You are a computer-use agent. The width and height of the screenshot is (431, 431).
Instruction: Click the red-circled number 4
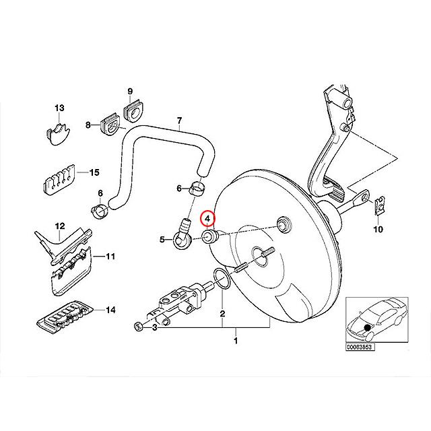click(x=209, y=219)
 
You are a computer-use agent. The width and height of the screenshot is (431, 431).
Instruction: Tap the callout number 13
click(x=59, y=108)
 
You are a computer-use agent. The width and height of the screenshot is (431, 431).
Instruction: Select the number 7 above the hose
click(x=179, y=122)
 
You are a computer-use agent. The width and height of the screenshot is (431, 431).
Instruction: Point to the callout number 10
click(x=377, y=230)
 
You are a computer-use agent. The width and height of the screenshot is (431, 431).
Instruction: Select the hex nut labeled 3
click(x=138, y=327)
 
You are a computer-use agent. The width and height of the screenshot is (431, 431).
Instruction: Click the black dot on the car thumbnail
click(x=366, y=328)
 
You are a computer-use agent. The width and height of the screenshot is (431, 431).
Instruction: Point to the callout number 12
click(x=59, y=226)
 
